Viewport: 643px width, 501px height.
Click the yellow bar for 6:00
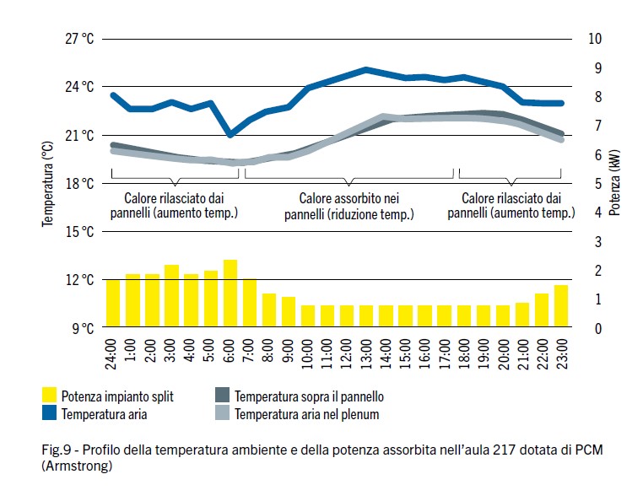click(x=230, y=294)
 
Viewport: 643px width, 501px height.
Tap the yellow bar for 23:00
click(x=561, y=306)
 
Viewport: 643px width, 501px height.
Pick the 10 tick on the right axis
click(x=596, y=39)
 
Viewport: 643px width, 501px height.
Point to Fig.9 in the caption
click(x=56, y=447)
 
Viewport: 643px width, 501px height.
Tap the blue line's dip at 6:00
click(x=230, y=134)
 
